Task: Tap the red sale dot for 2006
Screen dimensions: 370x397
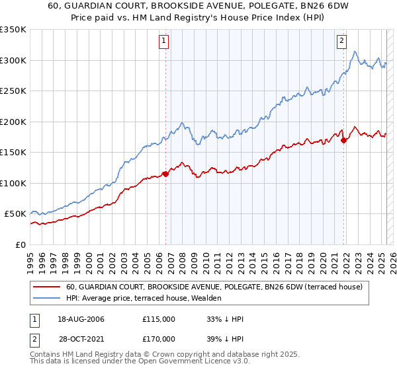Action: pos(165,174)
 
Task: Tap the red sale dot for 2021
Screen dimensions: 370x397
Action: pos(344,140)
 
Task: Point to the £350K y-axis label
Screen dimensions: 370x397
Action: pos(13,30)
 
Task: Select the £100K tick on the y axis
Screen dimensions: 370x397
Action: pos(13,183)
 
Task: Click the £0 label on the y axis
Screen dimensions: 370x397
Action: pos(20,244)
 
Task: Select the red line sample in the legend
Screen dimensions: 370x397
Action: pos(47,287)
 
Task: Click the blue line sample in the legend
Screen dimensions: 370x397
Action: pos(47,299)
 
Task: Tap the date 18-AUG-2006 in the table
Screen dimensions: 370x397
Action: pos(81,319)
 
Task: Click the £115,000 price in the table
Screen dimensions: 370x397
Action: pos(159,319)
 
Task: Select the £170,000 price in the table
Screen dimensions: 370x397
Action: pos(159,340)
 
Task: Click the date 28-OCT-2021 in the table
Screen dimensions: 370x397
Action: pos(81,340)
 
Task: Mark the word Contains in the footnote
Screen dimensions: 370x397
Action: pos(48,355)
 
